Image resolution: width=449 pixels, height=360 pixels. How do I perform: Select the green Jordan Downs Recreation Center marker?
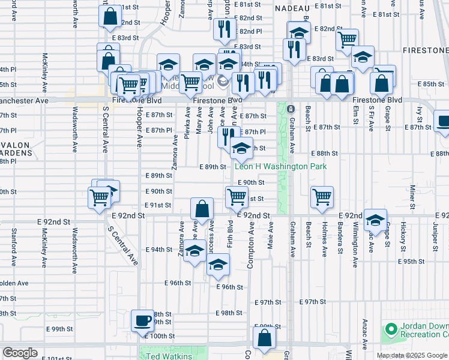pyautogui.click(x=391, y=329)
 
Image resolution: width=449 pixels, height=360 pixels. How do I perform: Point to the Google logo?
pyautogui.click(x=20, y=353)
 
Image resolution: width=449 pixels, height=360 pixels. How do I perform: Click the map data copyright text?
pyautogui.click(x=412, y=355)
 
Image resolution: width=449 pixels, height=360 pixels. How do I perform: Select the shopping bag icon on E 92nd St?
pyautogui.click(x=203, y=209)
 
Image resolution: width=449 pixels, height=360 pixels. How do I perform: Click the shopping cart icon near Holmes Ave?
pyautogui.click(x=322, y=196)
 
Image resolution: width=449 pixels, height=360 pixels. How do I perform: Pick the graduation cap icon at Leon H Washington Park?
pyautogui.click(x=241, y=148)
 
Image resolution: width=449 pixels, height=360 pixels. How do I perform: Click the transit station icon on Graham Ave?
pyautogui.click(x=291, y=109)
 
